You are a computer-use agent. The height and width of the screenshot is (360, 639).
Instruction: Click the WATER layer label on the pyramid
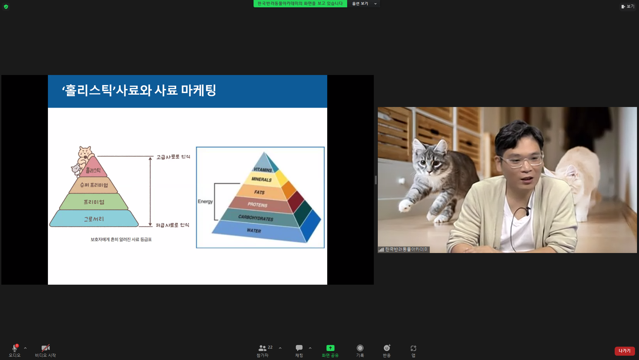coord(254,231)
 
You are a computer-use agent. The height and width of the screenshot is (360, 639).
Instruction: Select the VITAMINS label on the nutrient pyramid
coord(263,170)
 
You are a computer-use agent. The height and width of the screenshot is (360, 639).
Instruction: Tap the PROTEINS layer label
coord(257,205)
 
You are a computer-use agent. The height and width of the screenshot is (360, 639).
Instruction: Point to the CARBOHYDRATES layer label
coord(256,218)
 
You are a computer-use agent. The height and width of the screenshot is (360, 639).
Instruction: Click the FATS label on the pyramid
coord(259,192)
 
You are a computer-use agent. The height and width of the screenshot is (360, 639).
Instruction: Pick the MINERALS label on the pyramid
coord(262,179)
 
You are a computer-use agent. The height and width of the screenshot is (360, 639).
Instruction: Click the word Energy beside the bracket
coord(205,201)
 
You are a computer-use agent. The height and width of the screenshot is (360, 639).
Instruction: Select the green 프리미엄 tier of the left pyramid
coord(94,202)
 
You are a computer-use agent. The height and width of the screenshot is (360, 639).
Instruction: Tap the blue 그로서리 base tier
coord(94,219)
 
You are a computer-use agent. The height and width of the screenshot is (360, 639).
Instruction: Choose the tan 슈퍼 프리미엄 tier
coord(94,185)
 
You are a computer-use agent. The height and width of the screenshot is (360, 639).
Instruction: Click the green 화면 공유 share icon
coord(330,348)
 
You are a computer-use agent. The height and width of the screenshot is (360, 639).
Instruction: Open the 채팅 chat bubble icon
coord(299,348)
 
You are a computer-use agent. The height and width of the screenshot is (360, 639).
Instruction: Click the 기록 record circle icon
coord(360,348)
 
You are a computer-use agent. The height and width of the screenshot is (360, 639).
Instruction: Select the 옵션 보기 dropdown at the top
coord(364,4)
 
